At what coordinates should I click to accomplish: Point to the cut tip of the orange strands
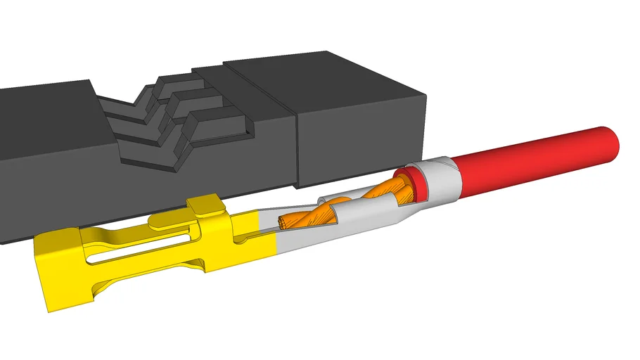pyautogui.click(x=283, y=224)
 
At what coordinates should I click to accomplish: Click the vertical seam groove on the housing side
pyautogui.click(x=295, y=148)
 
